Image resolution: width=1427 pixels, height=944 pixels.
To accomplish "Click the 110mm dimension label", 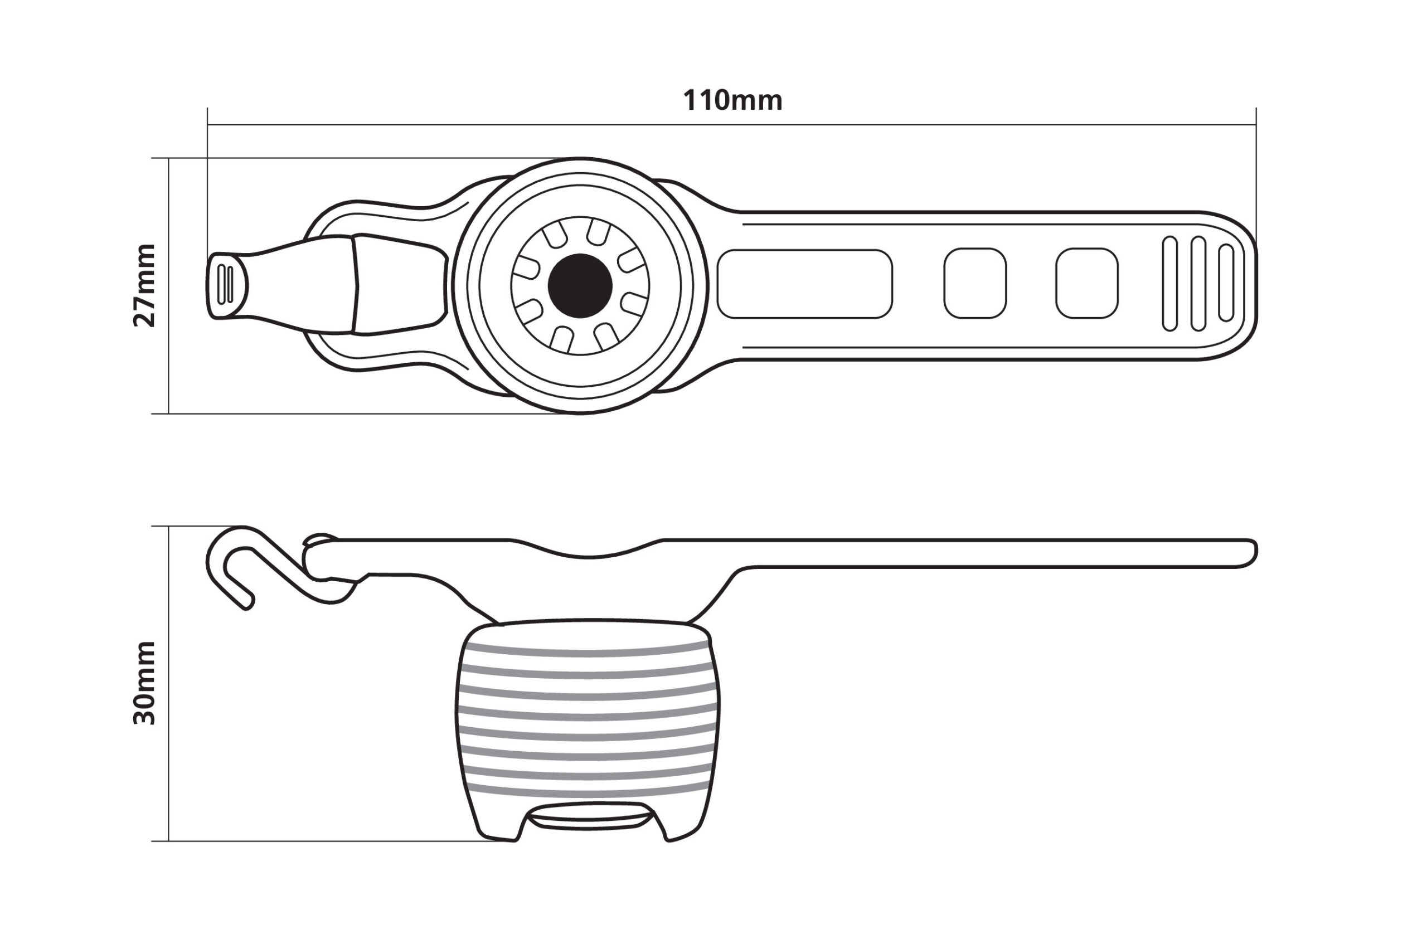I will click(x=732, y=100).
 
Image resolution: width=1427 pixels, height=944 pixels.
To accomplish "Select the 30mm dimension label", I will click(x=144, y=683).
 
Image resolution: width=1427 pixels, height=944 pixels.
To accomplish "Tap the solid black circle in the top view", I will click(x=580, y=286).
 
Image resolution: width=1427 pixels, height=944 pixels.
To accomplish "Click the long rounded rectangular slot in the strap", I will click(x=804, y=284).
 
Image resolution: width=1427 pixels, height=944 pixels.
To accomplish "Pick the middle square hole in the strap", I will click(x=975, y=283).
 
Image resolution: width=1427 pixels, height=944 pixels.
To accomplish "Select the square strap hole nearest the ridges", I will click(x=1087, y=283).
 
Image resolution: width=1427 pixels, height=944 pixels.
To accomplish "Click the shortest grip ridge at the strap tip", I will click(x=1226, y=283).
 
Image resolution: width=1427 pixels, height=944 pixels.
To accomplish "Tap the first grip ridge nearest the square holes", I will click(x=1169, y=284).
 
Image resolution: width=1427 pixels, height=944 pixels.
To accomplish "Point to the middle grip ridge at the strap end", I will click(x=1198, y=284).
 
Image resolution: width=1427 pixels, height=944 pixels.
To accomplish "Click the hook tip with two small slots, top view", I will click(x=227, y=285).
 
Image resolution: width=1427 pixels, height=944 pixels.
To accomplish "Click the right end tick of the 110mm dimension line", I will click(x=1256, y=125).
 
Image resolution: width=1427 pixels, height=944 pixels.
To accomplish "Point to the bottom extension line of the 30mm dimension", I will click(x=325, y=841).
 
